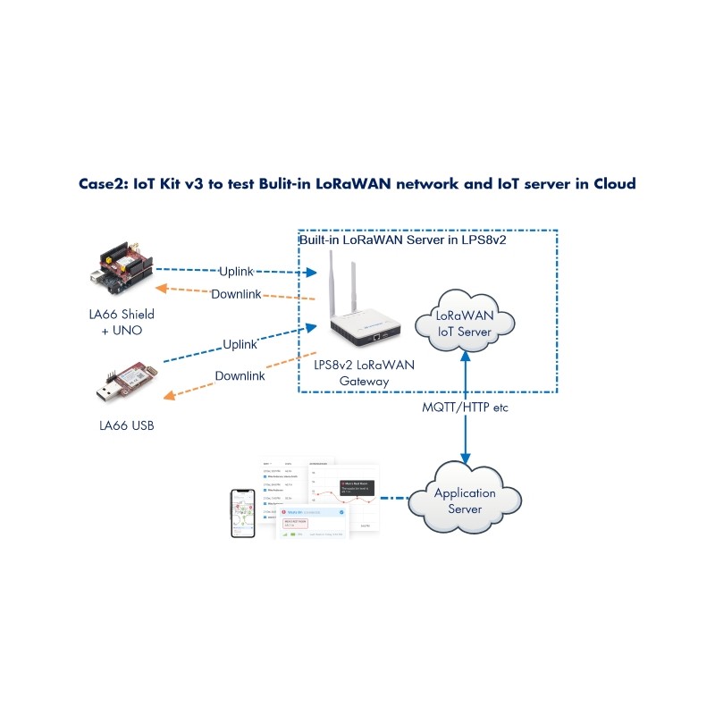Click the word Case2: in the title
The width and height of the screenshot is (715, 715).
tap(105, 184)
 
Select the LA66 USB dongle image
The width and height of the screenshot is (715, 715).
tap(126, 381)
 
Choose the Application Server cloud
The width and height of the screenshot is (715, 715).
tap(464, 500)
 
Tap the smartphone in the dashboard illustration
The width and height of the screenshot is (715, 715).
tap(242, 513)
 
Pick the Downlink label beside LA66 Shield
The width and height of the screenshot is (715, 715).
tap(236, 294)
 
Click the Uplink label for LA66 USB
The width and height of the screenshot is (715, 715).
tap(240, 343)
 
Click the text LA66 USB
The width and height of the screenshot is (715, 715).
tap(126, 425)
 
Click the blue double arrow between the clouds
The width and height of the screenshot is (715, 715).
tap(463, 407)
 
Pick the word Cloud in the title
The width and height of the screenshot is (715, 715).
tap(614, 184)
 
